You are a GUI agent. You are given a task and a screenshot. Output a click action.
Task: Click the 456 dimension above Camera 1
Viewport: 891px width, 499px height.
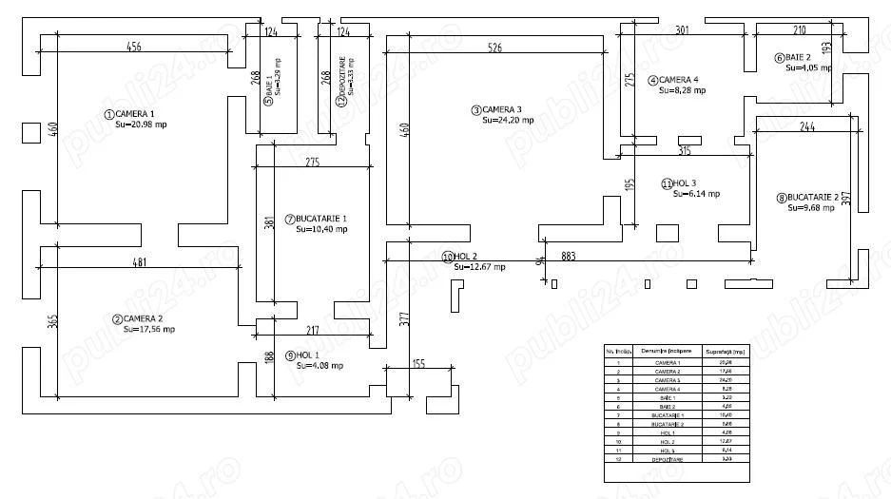(x=135, y=46)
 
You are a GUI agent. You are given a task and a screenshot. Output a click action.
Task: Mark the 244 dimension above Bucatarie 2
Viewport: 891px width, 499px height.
(x=807, y=126)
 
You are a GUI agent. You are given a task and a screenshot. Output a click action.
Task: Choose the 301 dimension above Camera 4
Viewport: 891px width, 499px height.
(x=682, y=30)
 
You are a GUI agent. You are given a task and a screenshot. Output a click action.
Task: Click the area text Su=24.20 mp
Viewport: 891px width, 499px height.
(x=508, y=121)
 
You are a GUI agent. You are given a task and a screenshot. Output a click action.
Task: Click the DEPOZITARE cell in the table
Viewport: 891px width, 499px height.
(x=668, y=459)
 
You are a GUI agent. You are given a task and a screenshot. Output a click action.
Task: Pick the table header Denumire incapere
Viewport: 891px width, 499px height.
(x=668, y=351)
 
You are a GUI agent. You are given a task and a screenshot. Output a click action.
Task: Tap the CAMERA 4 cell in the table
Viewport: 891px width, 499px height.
(x=668, y=389)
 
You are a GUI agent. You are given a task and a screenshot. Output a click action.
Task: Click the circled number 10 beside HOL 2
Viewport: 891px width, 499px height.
(x=446, y=257)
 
